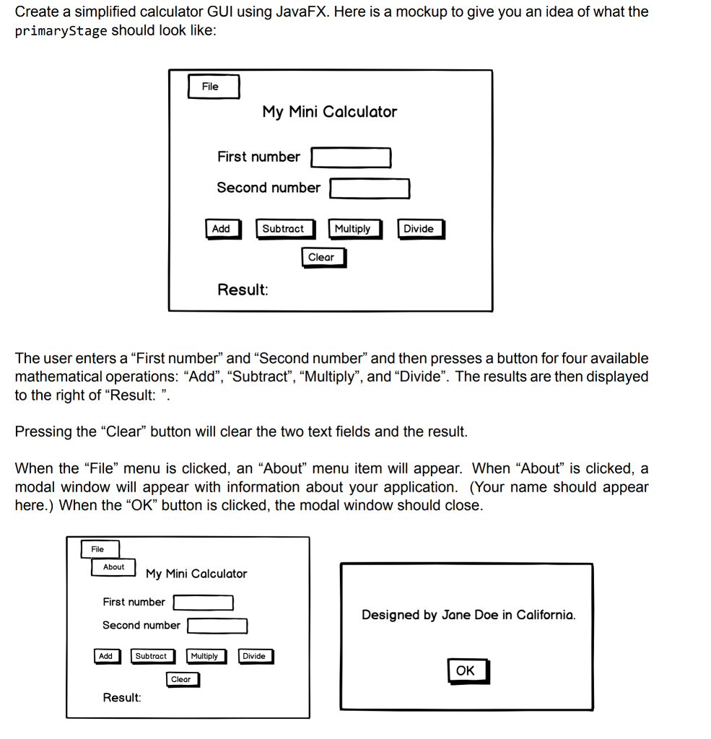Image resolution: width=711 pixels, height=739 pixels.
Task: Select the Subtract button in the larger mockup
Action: pyautogui.click(x=284, y=229)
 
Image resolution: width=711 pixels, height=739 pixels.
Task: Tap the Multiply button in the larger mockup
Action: pyautogui.click(x=353, y=229)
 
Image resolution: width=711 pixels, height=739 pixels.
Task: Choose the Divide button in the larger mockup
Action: pyautogui.click(x=419, y=229)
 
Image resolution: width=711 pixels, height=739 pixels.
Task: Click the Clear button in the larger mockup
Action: pyautogui.click(x=323, y=258)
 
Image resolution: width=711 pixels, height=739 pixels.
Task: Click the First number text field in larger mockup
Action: pyautogui.click(x=351, y=157)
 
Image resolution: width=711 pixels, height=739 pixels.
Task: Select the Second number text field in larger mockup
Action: pyautogui.click(x=370, y=188)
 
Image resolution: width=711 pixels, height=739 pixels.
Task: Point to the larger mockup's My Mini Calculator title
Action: pyautogui.click(x=329, y=112)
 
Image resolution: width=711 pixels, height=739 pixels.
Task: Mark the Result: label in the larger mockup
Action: pyautogui.click(x=243, y=290)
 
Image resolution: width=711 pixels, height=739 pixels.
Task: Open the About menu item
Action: pyautogui.click(x=114, y=567)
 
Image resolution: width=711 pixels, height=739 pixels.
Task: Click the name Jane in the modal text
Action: pyautogui.click(x=455, y=616)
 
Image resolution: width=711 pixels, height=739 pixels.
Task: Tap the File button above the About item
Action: pyautogui.click(x=99, y=549)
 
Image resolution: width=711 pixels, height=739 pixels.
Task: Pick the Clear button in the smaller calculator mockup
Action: pyautogui.click(x=182, y=679)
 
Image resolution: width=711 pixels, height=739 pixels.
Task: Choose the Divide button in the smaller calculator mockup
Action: pyautogui.click(x=255, y=656)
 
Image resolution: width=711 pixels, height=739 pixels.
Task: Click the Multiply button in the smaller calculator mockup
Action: pyautogui.click(x=205, y=656)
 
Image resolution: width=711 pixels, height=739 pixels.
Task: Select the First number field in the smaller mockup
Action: pyautogui.click(x=203, y=602)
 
